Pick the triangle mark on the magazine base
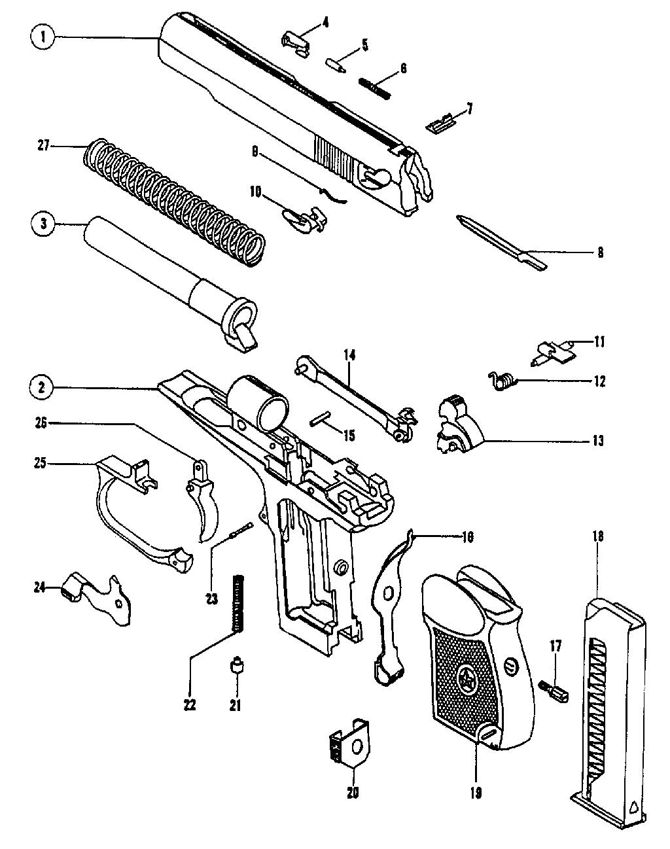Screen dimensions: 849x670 click(634, 807)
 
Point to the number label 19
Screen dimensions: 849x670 click(476, 793)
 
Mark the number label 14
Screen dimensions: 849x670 click(349, 356)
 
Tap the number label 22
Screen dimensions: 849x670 click(191, 705)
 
